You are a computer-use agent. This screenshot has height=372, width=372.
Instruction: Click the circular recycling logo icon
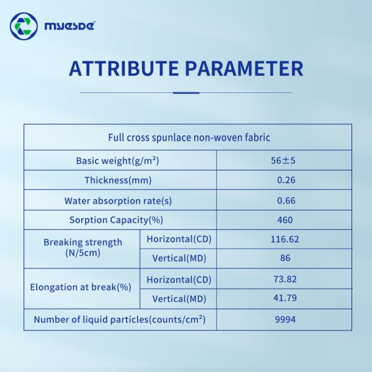pyautogui.click(x=24, y=26)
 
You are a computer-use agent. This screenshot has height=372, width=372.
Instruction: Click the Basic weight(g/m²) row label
pyautogui.click(x=118, y=161)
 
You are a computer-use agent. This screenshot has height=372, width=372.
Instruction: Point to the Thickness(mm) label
pyautogui.click(x=118, y=180)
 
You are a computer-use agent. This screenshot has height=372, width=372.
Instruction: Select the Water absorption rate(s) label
pyautogui.click(x=118, y=200)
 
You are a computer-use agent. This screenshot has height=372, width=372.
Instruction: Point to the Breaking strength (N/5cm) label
pyautogui.click(x=82, y=247)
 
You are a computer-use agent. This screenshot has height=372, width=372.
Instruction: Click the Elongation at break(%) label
pyautogui.click(x=81, y=288)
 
